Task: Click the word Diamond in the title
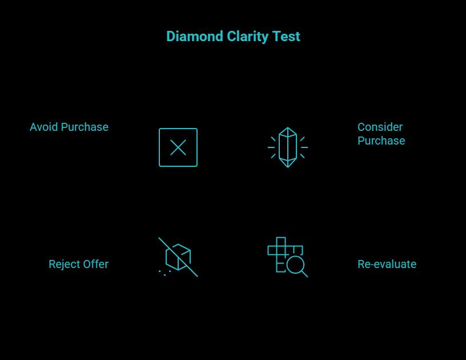coord(194,37)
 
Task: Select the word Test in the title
coord(287,37)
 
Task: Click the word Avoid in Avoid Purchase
coord(43,127)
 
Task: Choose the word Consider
coord(380,127)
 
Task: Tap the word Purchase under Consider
coord(381,141)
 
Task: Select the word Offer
coord(95,264)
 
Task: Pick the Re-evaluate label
coord(387,264)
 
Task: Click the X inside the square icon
coord(178,148)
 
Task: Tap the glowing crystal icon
coord(288,147)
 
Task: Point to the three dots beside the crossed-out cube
coord(164,273)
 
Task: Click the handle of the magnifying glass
coord(304,274)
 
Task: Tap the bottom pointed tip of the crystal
coord(288,166)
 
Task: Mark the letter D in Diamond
coord(171,37)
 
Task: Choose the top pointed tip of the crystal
coord(288,129)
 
